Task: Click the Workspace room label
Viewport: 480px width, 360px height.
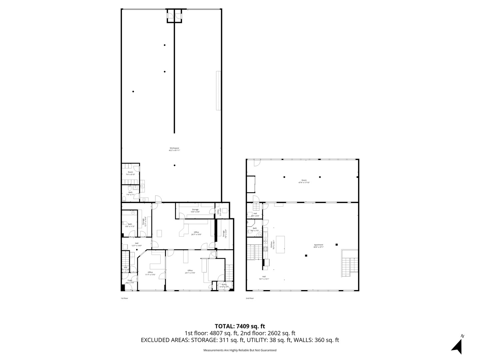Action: (174, 149)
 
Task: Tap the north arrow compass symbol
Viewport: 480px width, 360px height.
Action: (457, 346)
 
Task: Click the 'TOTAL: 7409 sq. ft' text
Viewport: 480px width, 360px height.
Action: (240, 326)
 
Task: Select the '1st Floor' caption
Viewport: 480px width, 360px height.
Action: (124, 298)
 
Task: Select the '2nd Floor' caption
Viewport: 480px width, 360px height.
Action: (250, 298)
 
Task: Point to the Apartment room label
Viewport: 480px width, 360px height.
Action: (318, 246)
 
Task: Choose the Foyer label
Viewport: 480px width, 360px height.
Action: (130, 281)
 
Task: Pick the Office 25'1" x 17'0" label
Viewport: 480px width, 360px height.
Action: (190, 272)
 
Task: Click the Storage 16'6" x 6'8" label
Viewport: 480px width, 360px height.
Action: (195, 211)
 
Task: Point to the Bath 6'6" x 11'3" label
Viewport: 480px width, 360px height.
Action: (130, 225)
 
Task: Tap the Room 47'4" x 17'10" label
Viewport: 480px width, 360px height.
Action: (304, 181)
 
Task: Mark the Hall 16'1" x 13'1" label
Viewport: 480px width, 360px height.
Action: (264, 278)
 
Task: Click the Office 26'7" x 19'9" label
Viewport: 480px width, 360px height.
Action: (196, 233)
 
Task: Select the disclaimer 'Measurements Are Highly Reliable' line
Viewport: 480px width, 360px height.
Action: (240, 350)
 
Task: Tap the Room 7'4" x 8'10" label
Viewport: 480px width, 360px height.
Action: (130, 173)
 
